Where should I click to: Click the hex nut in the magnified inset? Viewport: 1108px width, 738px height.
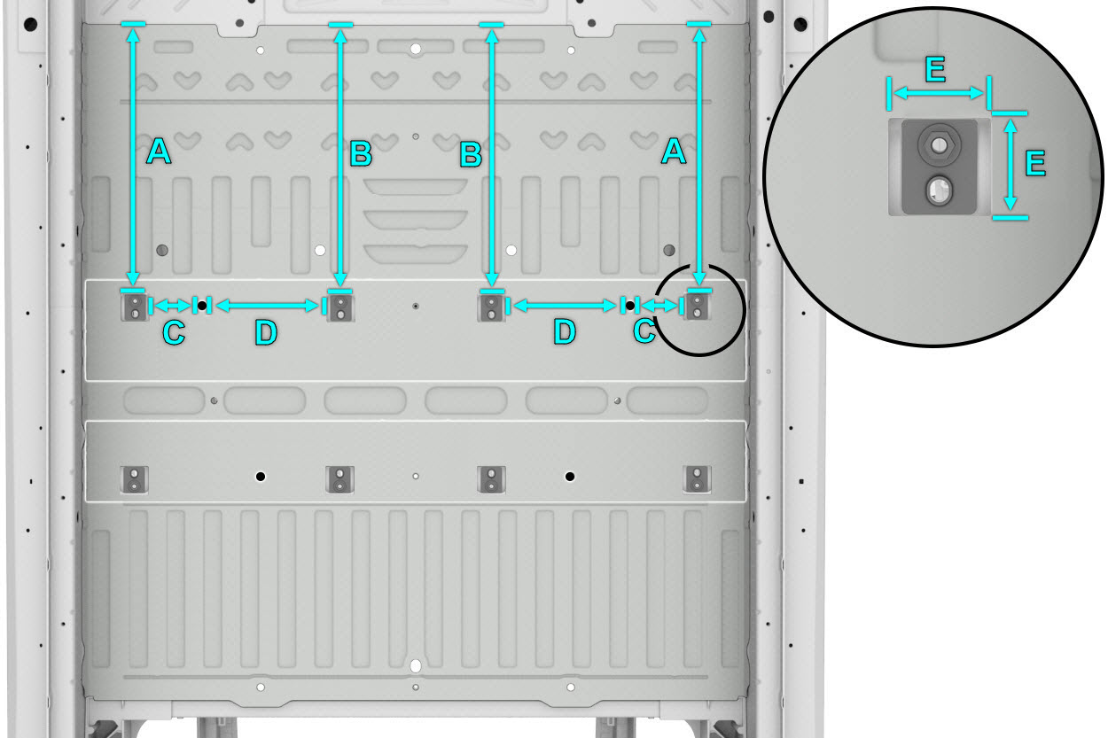940,145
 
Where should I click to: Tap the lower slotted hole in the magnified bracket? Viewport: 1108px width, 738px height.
939,190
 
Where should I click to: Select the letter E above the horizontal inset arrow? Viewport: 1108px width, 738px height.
935,69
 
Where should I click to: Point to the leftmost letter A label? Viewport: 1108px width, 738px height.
159,151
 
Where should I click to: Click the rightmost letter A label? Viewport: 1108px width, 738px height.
674,151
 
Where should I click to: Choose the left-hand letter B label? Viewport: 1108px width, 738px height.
361,154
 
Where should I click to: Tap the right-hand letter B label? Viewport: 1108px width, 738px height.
471,154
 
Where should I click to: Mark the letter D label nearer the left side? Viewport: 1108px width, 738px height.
266,331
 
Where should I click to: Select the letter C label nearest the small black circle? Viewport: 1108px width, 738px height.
644,330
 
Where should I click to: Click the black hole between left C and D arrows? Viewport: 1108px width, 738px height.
202,306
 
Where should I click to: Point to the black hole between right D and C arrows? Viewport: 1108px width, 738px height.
629,306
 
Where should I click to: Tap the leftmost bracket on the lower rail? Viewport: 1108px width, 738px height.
134,479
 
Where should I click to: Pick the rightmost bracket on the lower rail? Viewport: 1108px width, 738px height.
697,479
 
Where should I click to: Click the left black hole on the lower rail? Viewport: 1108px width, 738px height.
261,477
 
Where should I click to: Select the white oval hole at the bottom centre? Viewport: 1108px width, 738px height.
416,666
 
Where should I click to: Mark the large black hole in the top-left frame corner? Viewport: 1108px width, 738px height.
31,23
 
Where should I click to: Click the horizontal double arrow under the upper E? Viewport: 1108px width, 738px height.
939,93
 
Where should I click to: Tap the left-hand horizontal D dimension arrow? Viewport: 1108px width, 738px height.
267,306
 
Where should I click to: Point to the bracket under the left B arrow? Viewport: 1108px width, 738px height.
340,307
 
